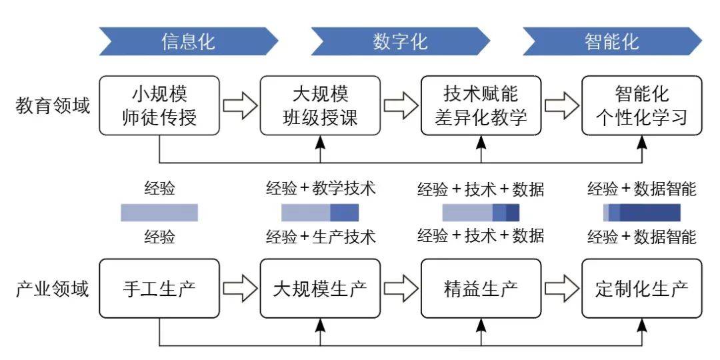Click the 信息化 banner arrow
click(188, 41)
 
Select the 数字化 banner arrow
click(400, 41)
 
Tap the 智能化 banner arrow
click(612, 41)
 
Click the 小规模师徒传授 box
click(159, 105)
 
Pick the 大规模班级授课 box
click(320, 105)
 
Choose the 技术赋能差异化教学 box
click(481, 105)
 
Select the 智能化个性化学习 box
click(642, 105)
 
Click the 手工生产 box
click(159, 289)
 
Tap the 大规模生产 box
click(320, 289)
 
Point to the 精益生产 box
click(481, 289)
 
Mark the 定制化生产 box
click(642, 289)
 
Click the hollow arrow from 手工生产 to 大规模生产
click(240, 289)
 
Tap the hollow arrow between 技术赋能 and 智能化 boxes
click(561, 105)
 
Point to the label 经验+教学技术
click(321, 188)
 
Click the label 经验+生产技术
click(321, 237)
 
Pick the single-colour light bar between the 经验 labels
click(159, 213)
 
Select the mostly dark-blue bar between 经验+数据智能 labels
click(642, 213)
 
